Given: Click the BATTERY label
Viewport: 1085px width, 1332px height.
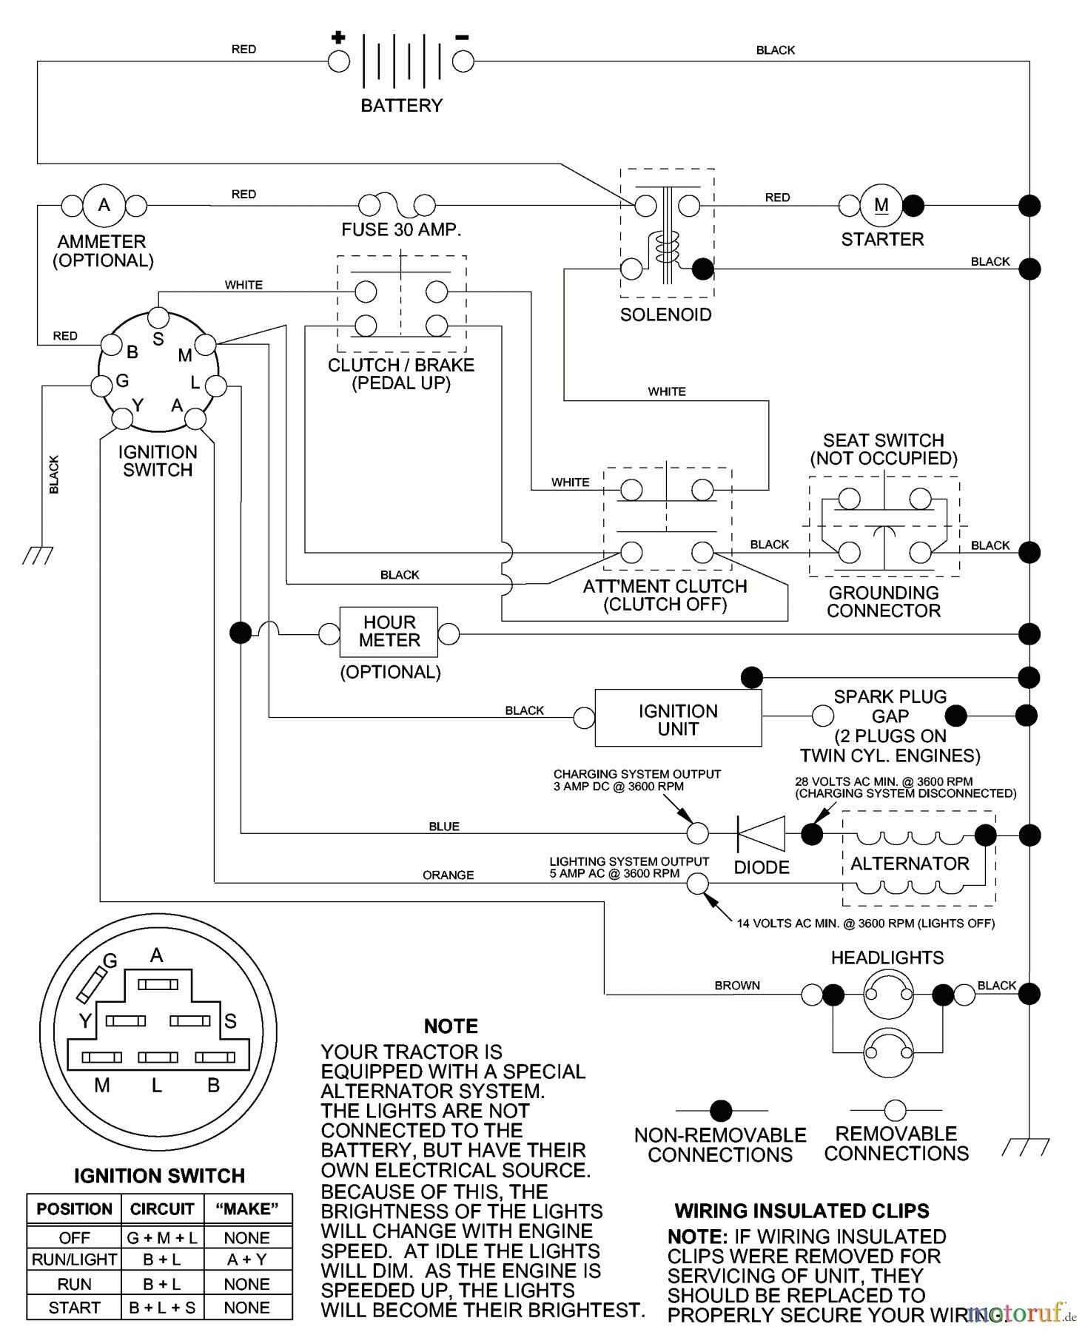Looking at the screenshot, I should (x=401, y=106).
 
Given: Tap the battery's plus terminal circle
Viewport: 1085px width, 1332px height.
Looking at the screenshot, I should (x=339, y=61).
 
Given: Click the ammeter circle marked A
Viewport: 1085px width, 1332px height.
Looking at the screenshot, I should (x=104, y=205).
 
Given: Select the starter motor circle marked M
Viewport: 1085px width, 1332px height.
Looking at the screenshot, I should (x=881, y=205).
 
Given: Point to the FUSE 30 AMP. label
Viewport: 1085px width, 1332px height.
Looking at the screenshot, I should (x=401, y=230).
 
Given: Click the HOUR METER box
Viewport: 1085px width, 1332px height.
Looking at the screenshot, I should (x=389, y=632).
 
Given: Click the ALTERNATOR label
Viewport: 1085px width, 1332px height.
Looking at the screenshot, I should (x=910, y=864).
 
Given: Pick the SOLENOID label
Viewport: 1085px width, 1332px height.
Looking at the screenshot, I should (x=665, y=315).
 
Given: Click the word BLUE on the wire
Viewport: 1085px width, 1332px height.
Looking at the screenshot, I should (x=444, y=827).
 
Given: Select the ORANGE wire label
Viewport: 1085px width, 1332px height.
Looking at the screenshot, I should (x=448, y=875).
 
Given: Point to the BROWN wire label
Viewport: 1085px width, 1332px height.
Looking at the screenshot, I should (x=737, y=986).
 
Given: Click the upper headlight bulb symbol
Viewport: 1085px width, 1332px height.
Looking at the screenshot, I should (x=888, y=995).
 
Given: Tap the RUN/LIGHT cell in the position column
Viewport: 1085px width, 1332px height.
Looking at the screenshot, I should (x=74, y=1259).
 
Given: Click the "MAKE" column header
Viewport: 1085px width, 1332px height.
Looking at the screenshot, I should (x=246, y=1209).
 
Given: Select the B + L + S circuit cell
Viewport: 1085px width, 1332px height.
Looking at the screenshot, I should (x=162, y=1308).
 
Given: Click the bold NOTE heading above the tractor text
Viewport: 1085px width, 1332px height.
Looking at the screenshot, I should (x=451, y=1026).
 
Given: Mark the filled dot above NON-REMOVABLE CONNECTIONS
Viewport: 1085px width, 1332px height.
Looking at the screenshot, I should (x=721, y=1111).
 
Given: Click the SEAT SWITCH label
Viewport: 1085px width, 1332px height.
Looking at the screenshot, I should (x=884, y=440).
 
